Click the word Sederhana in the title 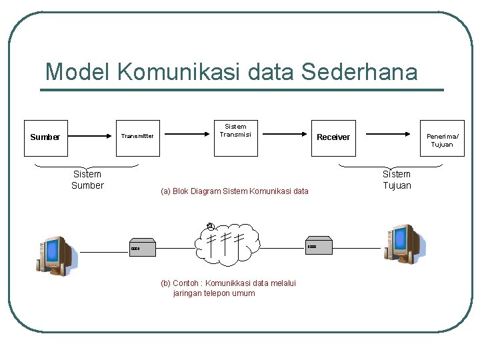click(x=359, y=71)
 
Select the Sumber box click(x=46, y=137)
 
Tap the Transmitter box click(x=138, y=137)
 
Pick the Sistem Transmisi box click(x=235, y=137)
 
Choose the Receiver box click(x=333, y=137)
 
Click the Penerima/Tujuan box click(x=441, y=137)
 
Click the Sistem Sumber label click(x=87, y=180)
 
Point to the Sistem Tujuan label click(x=397, y=180)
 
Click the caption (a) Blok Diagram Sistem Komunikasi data click(x=235, y=191)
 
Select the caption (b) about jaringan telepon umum click(x=229, y=288)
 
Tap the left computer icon click(x=55, y=255)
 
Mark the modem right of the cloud click(x=319, y=245)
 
